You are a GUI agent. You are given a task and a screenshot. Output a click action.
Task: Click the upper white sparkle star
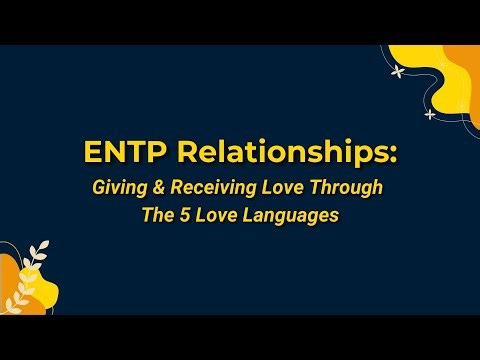click(398, 71)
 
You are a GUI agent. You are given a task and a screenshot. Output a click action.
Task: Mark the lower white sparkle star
click(430, 114)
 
